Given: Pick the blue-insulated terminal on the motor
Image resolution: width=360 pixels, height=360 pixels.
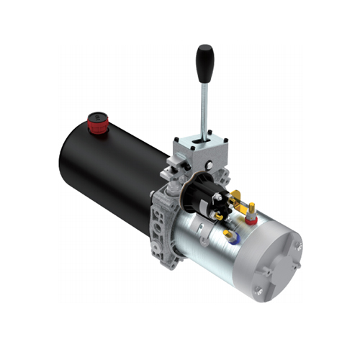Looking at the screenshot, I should click(x=229, y=234).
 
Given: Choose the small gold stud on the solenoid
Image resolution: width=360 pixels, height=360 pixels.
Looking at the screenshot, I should click(x=217, y=215).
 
